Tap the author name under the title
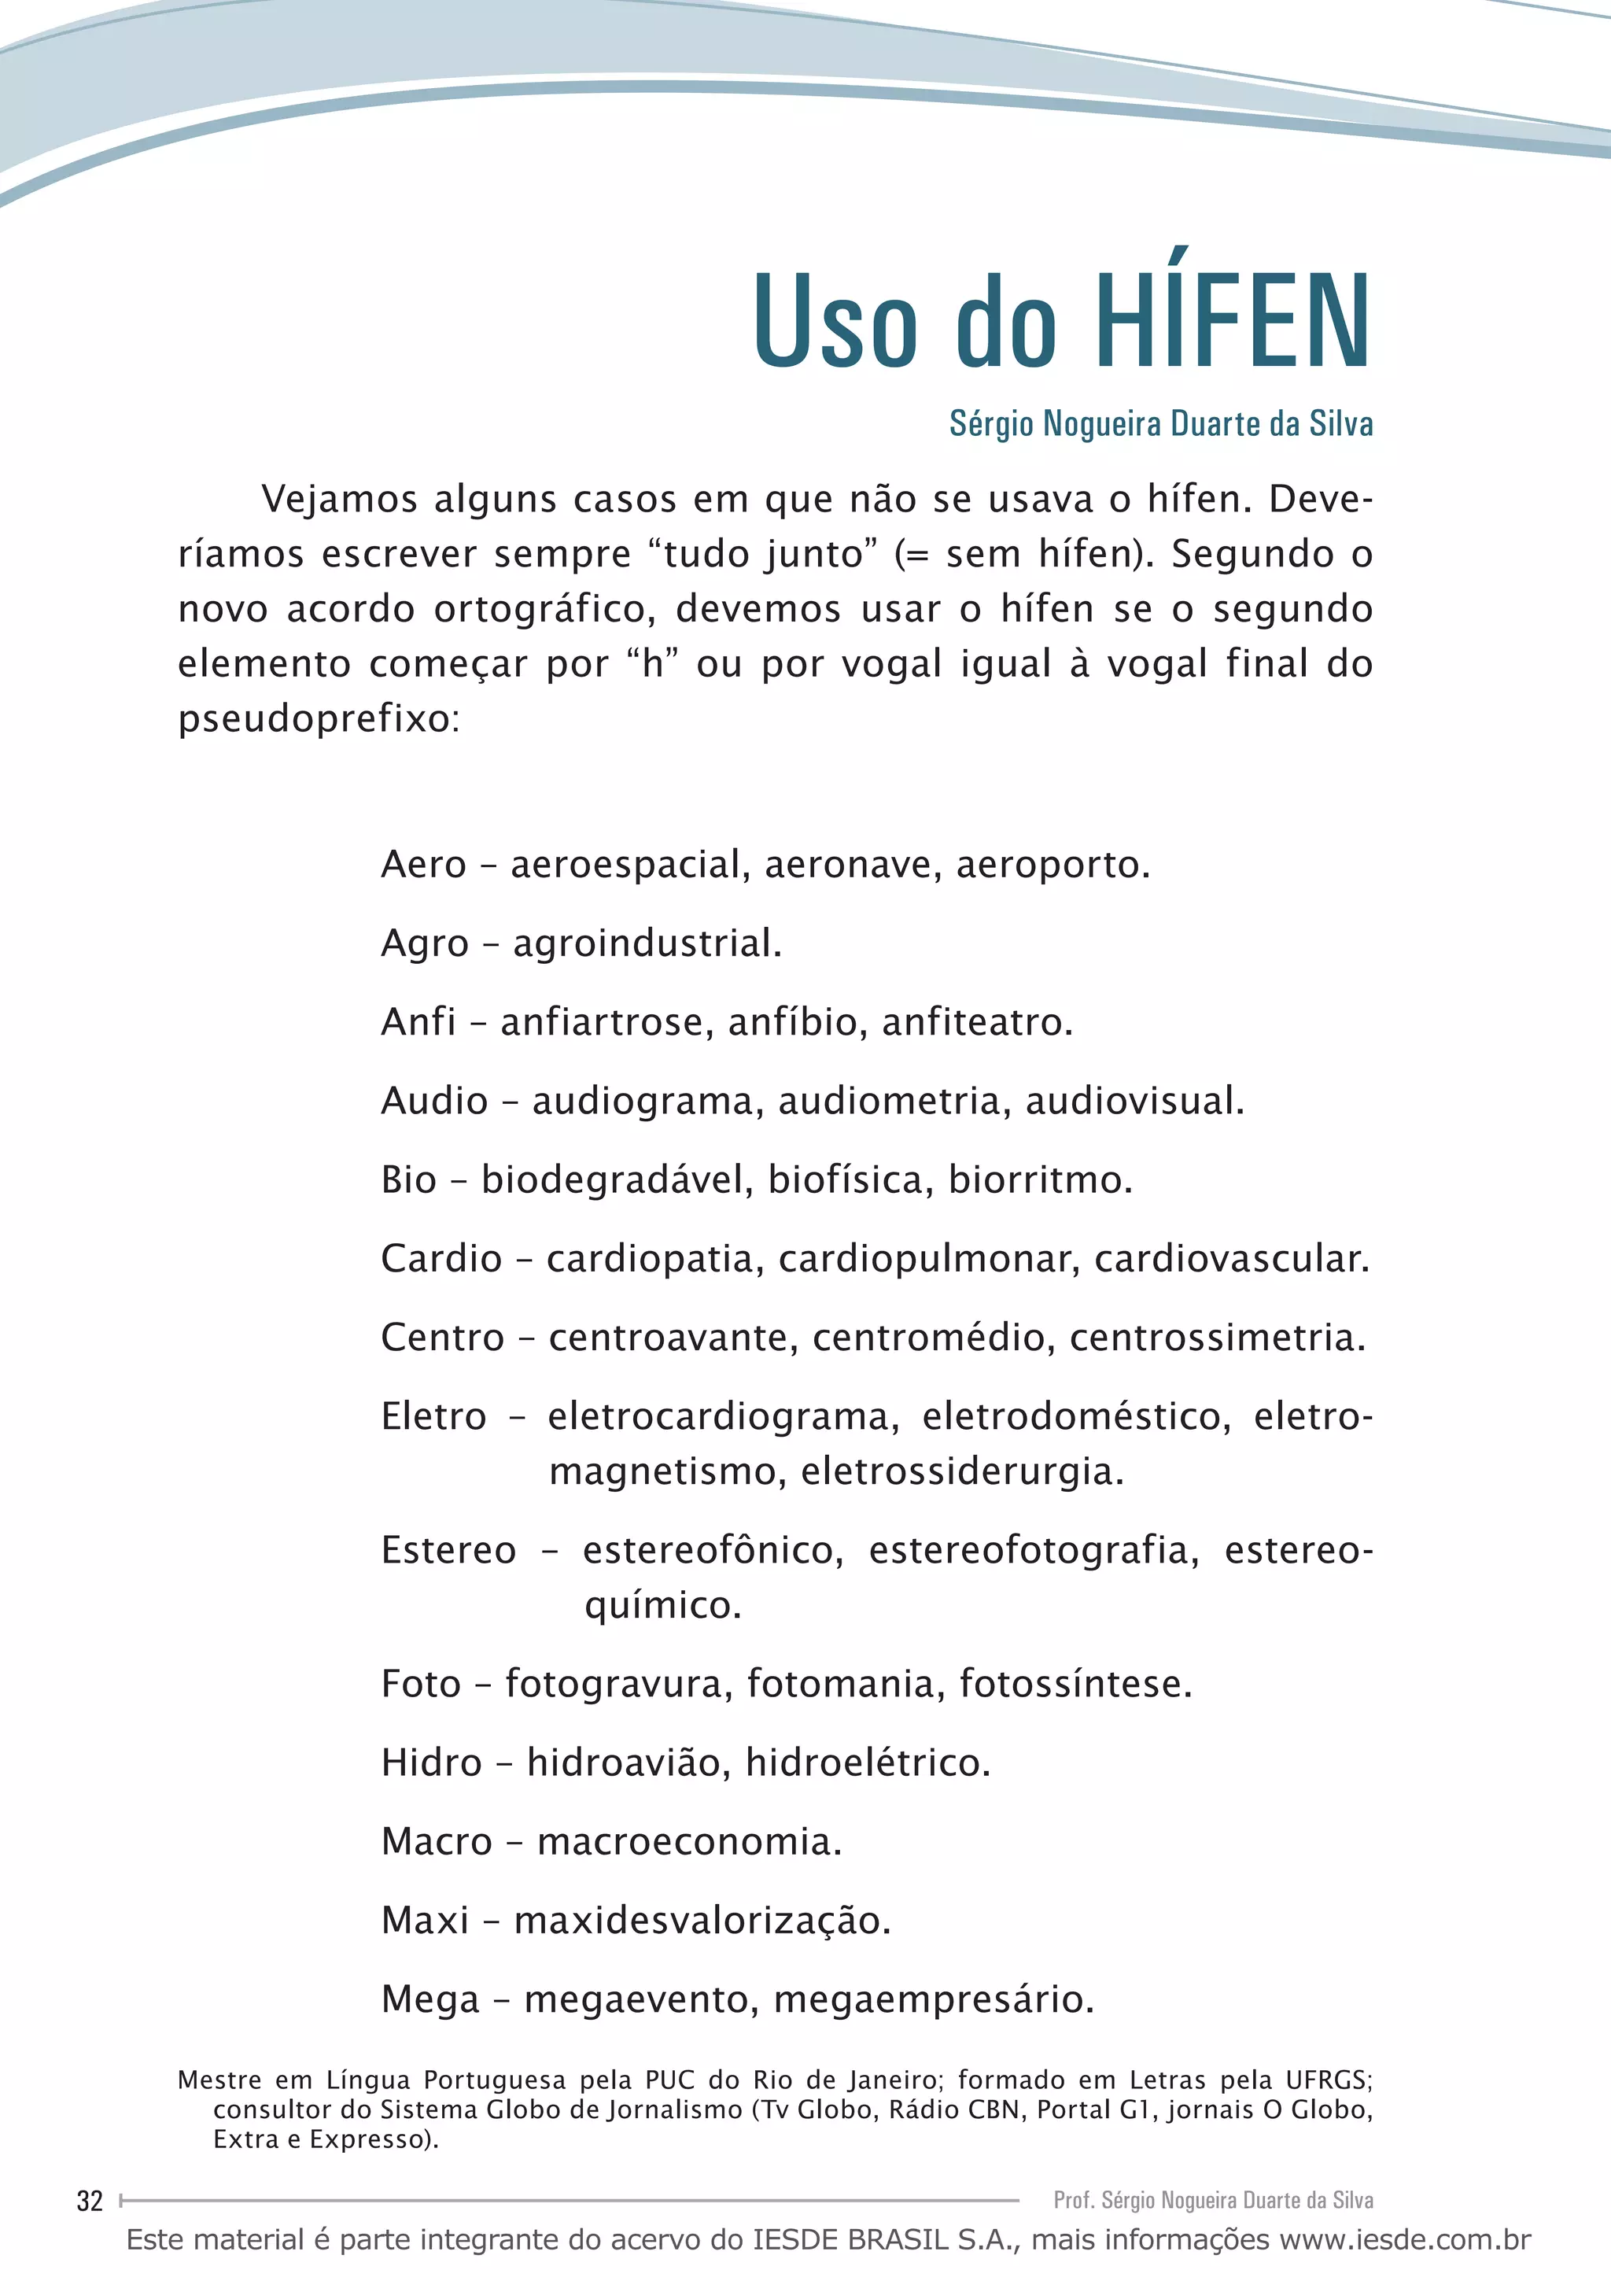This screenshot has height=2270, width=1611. tap(1160, 423)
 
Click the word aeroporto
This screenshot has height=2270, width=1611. tap(1052, 866)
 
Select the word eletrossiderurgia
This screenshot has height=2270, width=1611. tap(961, 1471)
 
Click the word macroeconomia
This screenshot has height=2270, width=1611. tap(688, 1841)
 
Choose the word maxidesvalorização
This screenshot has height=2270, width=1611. tap(702, 1921)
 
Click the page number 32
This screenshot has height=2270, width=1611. tap(89, 2201)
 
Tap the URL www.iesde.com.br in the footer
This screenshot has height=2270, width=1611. tap(1406, 2240)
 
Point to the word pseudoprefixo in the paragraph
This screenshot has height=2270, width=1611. tap(318, 719)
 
